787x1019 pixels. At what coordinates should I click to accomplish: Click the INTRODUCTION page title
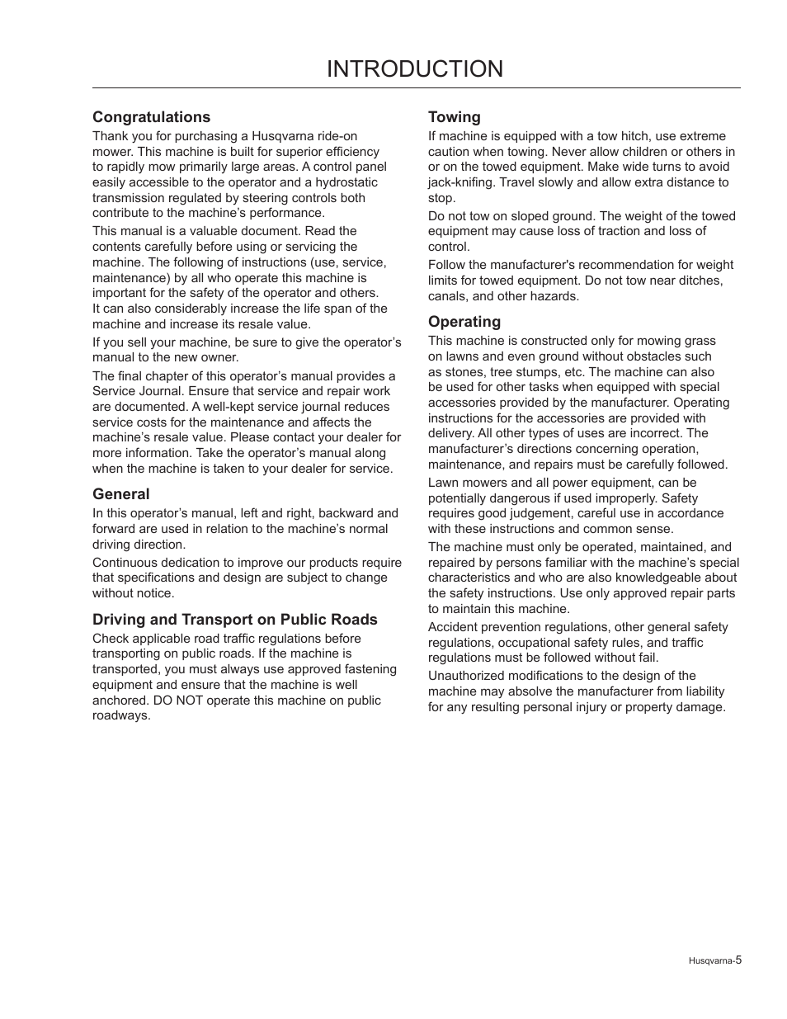click(414, 69)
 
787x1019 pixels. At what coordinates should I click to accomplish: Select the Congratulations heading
click(151, 117)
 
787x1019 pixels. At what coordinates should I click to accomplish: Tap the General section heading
click(120, 494)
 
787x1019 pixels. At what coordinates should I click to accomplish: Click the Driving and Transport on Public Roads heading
click(234, 620)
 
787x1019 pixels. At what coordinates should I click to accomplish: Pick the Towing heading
click(454, 117)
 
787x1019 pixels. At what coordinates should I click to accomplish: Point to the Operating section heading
click(464, 322)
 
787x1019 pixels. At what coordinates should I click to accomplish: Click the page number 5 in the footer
click(739, 960)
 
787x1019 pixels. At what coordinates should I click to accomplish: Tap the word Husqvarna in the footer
click(709, 960)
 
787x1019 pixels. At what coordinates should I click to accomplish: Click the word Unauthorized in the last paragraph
click(466, 676)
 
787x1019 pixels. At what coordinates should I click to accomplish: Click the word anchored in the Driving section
click(119, 701)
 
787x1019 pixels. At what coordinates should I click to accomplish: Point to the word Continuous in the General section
click(124, 563)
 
